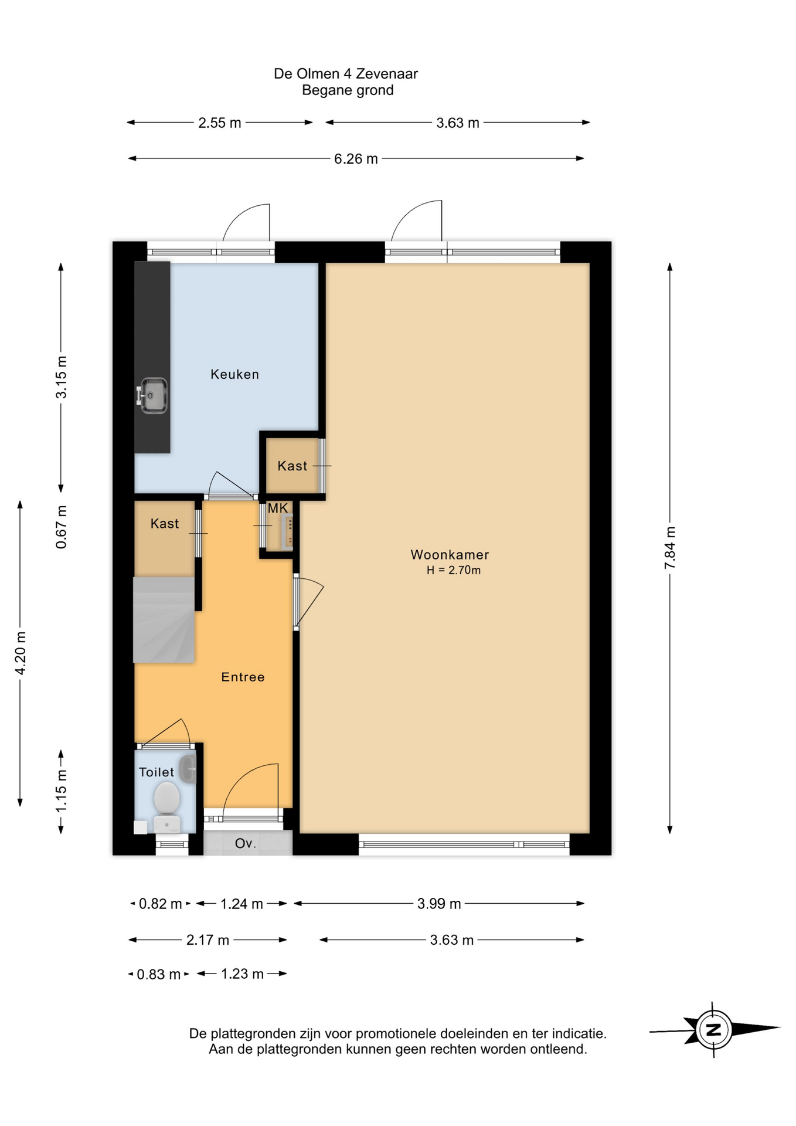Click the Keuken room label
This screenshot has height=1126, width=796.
coord(234,374)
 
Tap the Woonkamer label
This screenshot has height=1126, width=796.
coord(450,554)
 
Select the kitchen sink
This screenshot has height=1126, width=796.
coord(152,395)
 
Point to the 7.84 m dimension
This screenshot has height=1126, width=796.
coord(670,548)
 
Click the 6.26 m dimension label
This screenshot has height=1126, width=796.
coord(356,159)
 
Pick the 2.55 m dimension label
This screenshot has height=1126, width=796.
coord(220,123)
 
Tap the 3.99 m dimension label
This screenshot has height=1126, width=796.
coord(439,904)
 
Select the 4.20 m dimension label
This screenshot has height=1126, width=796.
coord(21,653)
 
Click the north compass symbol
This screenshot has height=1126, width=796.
coord(714,1029)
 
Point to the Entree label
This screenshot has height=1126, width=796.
coord(243,677)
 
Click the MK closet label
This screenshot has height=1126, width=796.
coord(278,508)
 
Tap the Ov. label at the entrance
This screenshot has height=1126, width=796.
coord(246,843)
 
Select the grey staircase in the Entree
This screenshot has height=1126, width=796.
coord(164,620)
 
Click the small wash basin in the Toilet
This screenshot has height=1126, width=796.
coord(188,769)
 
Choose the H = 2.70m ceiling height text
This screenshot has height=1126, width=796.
coord(454,570)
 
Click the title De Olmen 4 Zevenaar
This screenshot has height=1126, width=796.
coord(346,74)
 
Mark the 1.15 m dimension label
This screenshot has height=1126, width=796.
coord(61,791)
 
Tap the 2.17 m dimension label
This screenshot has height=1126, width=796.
coord(207,940)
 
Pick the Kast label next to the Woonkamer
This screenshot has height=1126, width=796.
coord(292,466)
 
